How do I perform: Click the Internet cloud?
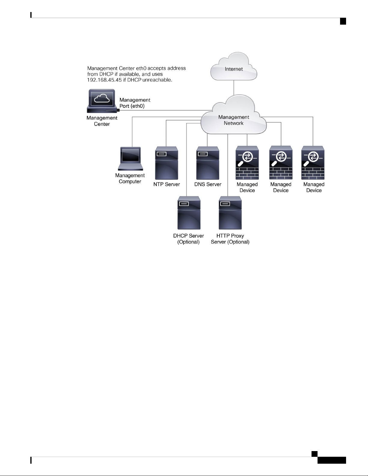tap(233, 66)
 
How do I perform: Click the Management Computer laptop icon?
tap(131, 159)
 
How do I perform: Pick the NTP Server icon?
tap(166, 163)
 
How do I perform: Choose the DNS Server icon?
tap(208, 163)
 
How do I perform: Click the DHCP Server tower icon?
tap(189, 213)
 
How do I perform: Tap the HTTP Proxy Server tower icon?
tap(230, 213)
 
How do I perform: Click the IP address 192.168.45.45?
tap(104, 80)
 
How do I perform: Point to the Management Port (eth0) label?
tap(135, 103)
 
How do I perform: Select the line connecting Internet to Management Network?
tap(234, 88)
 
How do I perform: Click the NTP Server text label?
tap(166, 184)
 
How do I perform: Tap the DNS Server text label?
tap(208, 184)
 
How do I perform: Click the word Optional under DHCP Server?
tap(188, 242)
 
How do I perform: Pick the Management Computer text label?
tap(130, 178)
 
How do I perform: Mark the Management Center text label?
tap(102, 121)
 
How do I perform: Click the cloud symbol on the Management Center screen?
tap(102, 98)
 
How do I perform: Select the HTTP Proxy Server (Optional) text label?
tap(230, 239)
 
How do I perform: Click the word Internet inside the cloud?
tap(234, 69)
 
